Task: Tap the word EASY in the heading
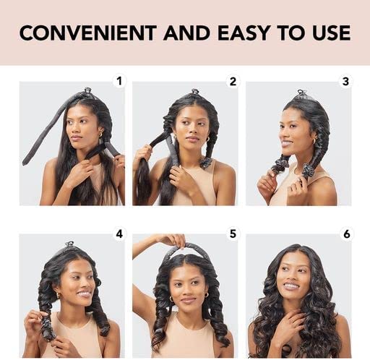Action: click(x=244, y=33)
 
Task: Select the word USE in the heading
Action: click(x=332, y=33)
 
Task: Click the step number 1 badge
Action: click(x=119, y=81)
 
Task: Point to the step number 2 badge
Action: click(x=233, y=82)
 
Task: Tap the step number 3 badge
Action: click(x=345, y=82)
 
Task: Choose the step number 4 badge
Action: click(x=119, y=233)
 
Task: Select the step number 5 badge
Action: click(x=233, y=233)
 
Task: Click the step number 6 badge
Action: click(x=346, y=233)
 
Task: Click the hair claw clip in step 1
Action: click(x=87, y=91)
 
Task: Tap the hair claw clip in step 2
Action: click(x=194, y=92)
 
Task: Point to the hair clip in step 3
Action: click(x=301, y=93)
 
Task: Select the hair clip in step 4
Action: click(x=69, y=244)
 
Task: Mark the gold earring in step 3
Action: click(x=314, y=141)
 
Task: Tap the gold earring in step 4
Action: click(x=59, y=295)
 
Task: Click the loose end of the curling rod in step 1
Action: click(x=25, y=162)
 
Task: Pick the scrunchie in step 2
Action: click(x=205, y=163)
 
